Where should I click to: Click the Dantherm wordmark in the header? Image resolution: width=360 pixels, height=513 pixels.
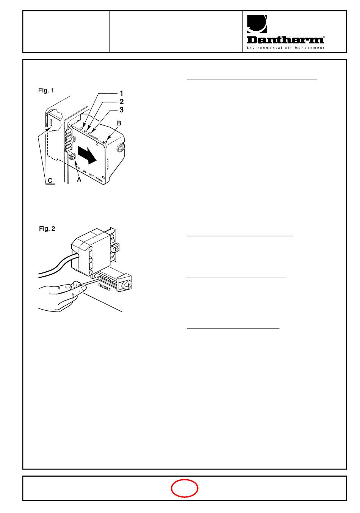coord(285,40)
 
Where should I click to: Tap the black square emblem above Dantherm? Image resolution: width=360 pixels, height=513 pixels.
coord(257,24)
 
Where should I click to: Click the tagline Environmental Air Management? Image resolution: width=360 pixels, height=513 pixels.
coord(285,48)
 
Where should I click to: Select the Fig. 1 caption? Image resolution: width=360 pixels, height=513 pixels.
coord(46,91)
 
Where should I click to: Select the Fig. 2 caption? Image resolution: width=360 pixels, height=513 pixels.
coord(47,228)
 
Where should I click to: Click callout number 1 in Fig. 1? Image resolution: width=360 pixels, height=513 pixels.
coord(121,94)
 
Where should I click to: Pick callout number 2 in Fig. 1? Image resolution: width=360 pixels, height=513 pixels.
coord(121,102)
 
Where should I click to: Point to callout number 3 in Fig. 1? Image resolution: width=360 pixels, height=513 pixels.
coord(121,110)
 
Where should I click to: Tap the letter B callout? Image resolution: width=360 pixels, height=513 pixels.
coord(119,123)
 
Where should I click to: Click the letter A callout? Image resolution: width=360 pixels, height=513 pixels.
coord(79,180)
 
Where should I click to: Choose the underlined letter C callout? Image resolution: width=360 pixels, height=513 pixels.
coord(50,181)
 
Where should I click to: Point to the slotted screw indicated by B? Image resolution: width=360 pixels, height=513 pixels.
coord(105,142)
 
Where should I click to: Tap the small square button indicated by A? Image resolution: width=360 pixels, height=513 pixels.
coord(73,157)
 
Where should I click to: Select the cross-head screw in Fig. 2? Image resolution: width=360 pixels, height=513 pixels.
coord(127,285)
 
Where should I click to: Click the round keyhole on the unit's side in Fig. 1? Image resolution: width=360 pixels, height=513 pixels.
coord(121,148)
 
